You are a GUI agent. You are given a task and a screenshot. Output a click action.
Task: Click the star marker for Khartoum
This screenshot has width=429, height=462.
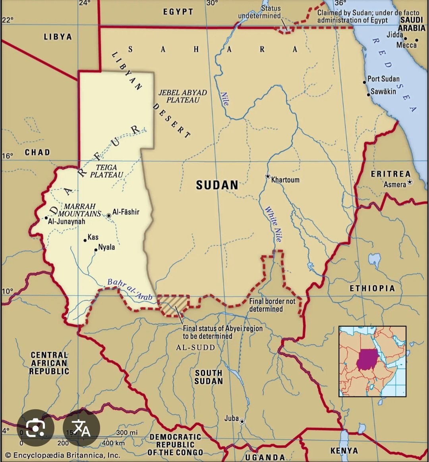pyautogui.click(x=268, y=176)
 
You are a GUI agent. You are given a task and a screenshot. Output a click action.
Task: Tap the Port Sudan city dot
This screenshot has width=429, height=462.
pyautogui.click(x=364, y=82)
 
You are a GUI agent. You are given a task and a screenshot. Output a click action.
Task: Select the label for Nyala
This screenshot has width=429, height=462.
pyautogui.click(x=106, y=247)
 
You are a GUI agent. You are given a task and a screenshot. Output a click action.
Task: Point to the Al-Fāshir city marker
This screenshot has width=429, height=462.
pyautogui.click(x=109, y=216)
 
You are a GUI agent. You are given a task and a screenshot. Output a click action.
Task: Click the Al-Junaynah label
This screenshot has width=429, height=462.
pyautogui.click(x=66, y=221)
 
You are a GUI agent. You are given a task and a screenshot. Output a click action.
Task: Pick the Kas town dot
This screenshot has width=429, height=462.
pyautogui.click(x=85, y=240)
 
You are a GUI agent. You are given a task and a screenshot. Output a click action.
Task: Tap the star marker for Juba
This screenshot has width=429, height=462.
pyautogui.click(x=242, y=421)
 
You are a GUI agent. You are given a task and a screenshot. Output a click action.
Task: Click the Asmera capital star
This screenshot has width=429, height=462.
pyautogui.click(x=410, y=182)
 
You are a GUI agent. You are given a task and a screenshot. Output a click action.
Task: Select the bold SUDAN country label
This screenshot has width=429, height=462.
pyautogui.click(x=217, y=185)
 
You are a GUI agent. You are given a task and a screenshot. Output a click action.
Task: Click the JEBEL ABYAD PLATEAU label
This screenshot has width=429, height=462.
pyautogui.click(x=183, y=96)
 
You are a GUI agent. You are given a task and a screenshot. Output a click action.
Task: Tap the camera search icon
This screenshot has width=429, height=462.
pyautogui.click(x=35, y=428)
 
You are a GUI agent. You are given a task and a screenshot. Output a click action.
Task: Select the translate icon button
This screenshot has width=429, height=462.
pyautogui.click(x=81, y=428)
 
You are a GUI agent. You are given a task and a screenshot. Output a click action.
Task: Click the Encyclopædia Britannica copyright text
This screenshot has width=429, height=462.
pyautogui.click(x=62, y=455)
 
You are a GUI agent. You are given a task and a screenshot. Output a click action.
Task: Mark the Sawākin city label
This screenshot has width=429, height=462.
pyautogui.click(x=383, y=92)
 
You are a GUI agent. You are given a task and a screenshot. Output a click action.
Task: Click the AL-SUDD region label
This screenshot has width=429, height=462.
pyautogui.click(x=195, y=348)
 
